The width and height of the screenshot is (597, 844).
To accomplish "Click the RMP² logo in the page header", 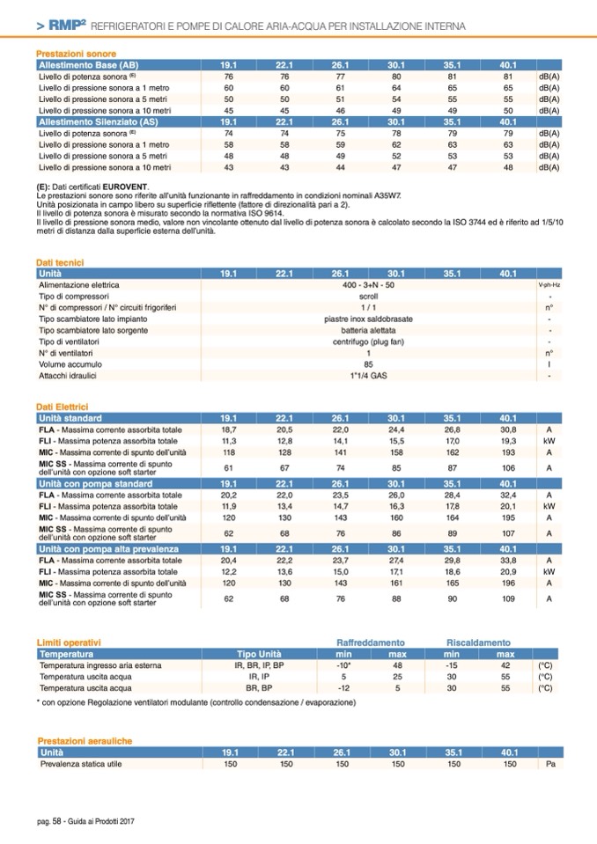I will click(x=67, y=27).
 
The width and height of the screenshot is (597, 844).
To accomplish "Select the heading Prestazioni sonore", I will click(x=70, y=55).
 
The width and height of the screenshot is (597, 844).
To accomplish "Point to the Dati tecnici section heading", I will click(x=58, y=263).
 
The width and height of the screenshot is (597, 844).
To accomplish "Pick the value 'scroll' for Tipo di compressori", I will click(x=369, y=297).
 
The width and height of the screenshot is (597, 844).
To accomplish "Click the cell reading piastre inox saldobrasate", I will click(x=369, y=319).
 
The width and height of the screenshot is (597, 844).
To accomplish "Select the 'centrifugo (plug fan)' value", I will click(x=369, y=341).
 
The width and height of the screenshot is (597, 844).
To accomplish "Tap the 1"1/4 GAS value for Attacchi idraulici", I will click(x=369, y=376).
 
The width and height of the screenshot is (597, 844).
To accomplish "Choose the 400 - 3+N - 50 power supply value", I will click(x=369, y=285).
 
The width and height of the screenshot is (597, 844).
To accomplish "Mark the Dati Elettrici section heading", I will click(x=62, y=407).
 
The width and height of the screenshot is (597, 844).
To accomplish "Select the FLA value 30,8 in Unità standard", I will click(x=508, y=429).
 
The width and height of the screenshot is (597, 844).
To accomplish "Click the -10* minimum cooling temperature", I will click(x=345, y=666).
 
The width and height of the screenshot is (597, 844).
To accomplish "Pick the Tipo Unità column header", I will click(x=259, y=655).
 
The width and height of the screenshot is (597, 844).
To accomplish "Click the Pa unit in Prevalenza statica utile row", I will click(x=549, y=765).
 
